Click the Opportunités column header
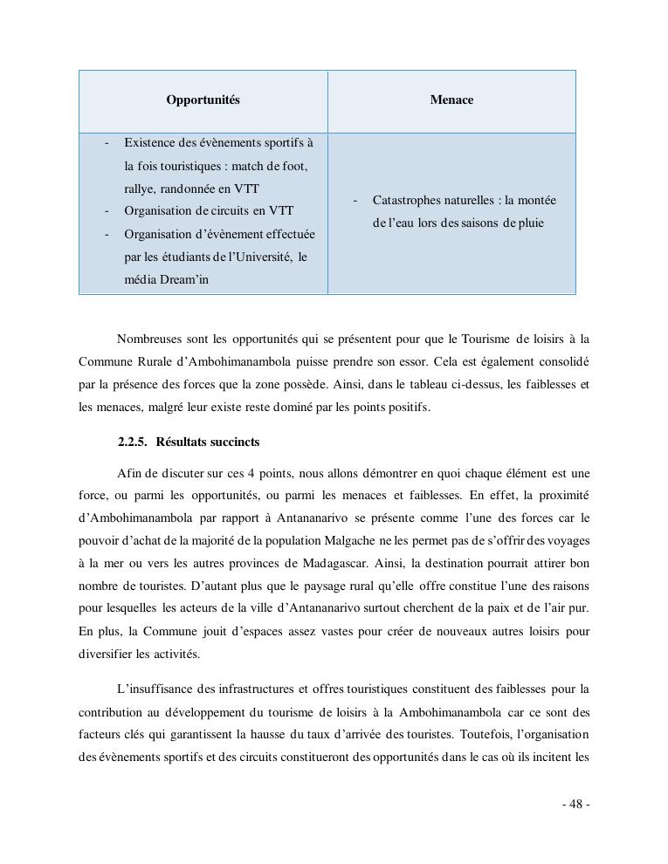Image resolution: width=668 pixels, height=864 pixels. pyautogui.click(x=203, y=100)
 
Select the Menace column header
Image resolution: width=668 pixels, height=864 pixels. pyautogui.click(x=451, y=100)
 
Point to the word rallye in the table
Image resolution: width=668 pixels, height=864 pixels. pyautogui.click(x=140, y=189)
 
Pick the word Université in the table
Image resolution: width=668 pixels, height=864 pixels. pyautogui.click(x=263, y=257)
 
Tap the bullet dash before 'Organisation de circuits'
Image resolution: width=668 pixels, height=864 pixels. pyautogui.click(x=107, y=211)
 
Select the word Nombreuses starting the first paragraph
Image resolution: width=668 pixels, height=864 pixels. pyautogui.click(x=148, y=339)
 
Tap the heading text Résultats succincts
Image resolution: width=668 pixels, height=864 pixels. pyautogui.click(x=208, y=442)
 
